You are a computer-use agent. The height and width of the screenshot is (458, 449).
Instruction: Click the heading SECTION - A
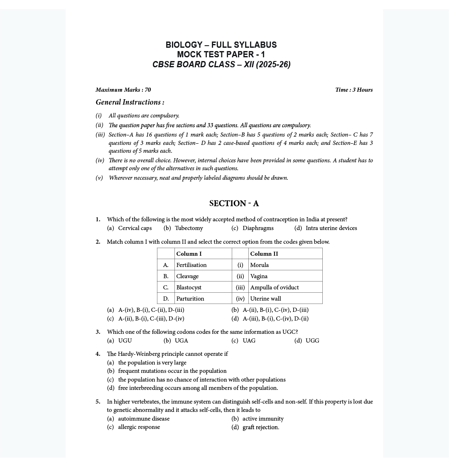tap(234, 203)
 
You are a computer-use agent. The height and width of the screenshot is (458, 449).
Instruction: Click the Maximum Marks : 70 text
tap(123, 90)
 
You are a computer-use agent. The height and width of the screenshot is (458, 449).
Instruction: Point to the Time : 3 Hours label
tap(354, 90)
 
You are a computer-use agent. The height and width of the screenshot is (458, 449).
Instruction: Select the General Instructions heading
tap(130, 102)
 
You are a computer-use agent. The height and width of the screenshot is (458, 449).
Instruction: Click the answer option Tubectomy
tap(189, 228)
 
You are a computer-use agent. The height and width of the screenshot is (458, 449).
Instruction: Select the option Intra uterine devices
tap(331, 228)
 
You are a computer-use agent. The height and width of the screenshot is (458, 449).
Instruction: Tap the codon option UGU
tap(125, 340)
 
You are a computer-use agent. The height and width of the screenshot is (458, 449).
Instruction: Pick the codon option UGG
tap(312, 340)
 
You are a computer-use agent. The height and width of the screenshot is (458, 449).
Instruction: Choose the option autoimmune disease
tap(144, 419)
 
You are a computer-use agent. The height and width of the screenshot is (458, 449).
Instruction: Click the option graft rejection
tap(261, 427)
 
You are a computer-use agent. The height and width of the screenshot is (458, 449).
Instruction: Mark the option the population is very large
tap(152, 362)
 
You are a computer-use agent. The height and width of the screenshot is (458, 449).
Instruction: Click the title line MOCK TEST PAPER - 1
tap(221, 54)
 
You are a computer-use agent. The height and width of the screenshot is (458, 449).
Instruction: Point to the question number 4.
tap(98, 354)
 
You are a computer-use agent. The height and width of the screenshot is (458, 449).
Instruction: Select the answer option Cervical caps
tap(135, 228)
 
